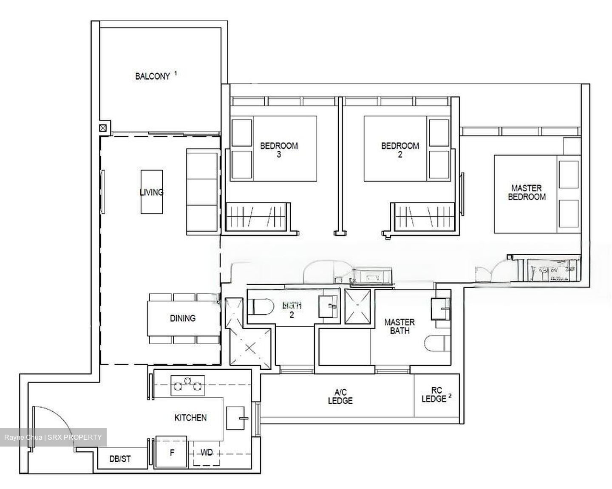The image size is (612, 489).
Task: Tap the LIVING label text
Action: pos(151,192)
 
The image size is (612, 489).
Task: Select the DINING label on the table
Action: pos(183,318)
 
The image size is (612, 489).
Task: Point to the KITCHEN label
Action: pos(190,418)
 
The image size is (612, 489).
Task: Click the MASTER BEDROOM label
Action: pos(527,192)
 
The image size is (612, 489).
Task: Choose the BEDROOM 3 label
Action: pos(279,150)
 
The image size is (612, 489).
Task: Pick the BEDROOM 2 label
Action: pos(400,150)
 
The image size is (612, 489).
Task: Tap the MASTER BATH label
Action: pos(399,326)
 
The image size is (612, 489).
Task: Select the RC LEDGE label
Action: pos(434,395)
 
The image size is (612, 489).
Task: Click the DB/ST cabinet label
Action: pos(120,459)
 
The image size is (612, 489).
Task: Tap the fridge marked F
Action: pos(172,452)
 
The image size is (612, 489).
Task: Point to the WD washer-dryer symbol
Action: pos(207,453)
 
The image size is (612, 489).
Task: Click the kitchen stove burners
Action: pos(187,385)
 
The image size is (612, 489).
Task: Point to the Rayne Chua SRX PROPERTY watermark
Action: pos(53,437)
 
